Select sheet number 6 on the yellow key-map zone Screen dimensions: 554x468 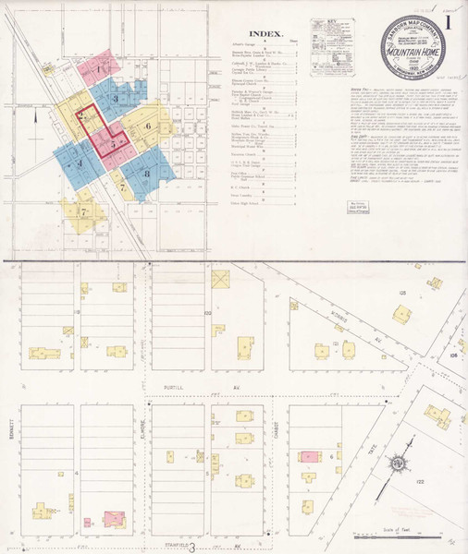pos(149,125)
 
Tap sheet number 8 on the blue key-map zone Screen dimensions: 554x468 pos(146,173)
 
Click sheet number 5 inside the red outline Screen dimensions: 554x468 pos(112,144)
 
